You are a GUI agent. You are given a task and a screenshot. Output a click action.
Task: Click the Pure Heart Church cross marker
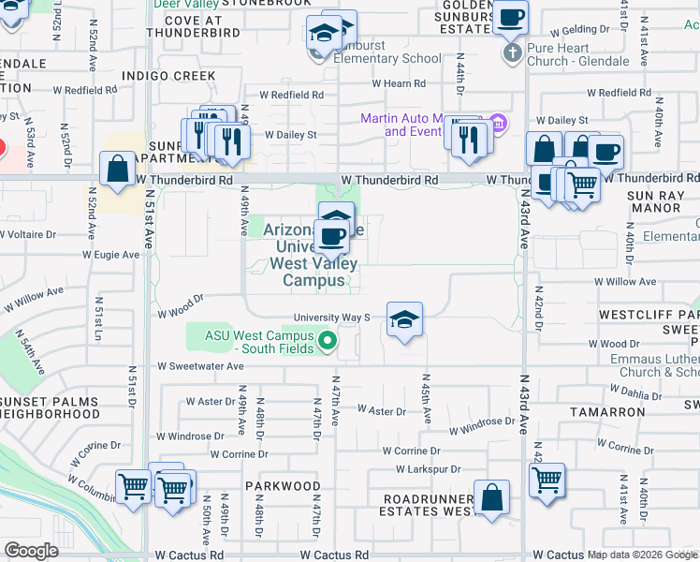512,52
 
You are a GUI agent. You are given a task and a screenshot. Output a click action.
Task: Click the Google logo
31,550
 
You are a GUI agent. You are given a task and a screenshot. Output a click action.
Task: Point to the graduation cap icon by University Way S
404,320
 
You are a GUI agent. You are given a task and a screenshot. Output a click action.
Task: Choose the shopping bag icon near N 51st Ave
119,170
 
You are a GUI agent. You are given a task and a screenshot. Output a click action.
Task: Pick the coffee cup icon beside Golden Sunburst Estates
511,16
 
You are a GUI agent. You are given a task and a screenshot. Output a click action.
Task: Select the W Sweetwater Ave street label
200,366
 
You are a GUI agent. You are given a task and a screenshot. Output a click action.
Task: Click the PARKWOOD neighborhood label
283,486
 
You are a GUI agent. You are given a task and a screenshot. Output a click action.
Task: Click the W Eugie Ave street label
110,254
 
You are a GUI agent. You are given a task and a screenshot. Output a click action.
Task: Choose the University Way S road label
332,318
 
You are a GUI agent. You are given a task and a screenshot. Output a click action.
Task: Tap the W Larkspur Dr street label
430,468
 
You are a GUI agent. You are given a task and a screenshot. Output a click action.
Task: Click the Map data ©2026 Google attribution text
642,555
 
